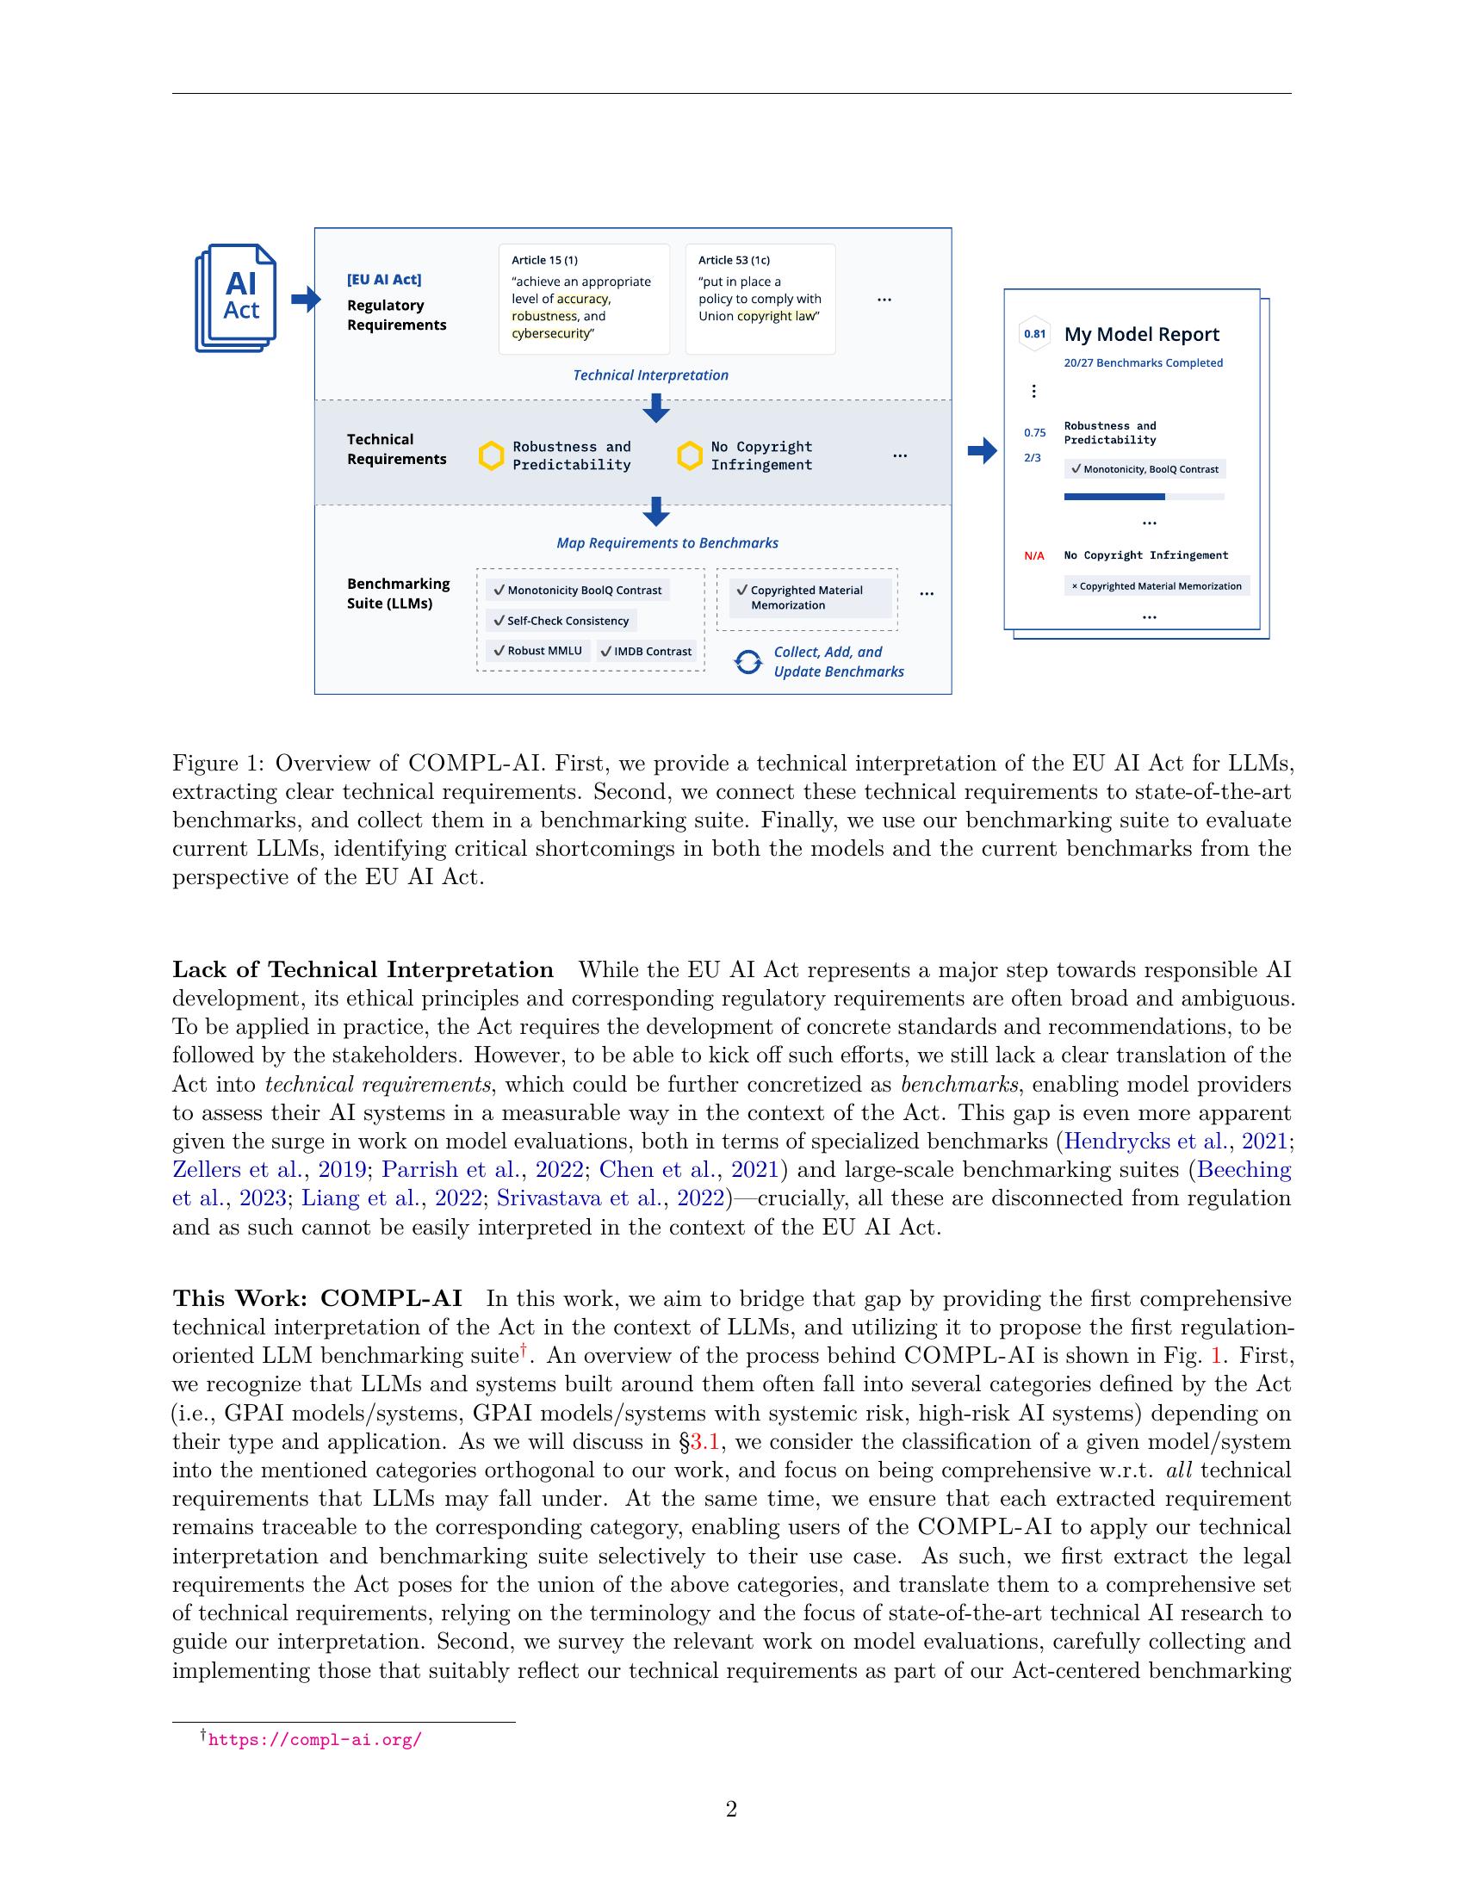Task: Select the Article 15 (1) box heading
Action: click(543, 260)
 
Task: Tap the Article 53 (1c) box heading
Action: click(734, 260)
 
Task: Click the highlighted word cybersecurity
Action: click(550, 334)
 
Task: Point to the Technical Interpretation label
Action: click(650, 375)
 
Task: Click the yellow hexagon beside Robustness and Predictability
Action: click(492, 456)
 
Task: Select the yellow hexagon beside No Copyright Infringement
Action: click(690, 456)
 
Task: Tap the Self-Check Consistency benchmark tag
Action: click(561, 621)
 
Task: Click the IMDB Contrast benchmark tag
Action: click(646, 652)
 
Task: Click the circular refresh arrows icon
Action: click(748, 663)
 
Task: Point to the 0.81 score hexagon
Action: click(1034, 334)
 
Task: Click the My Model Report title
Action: click(1141, 335)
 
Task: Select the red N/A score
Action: click(1033, 556)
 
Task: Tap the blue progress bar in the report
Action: click(1114, 497)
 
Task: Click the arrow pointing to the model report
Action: click(982, 450)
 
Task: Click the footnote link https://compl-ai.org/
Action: click(315, 1740)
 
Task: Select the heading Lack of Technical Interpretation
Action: click(363, 969)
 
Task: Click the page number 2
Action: click(731, 1810)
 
